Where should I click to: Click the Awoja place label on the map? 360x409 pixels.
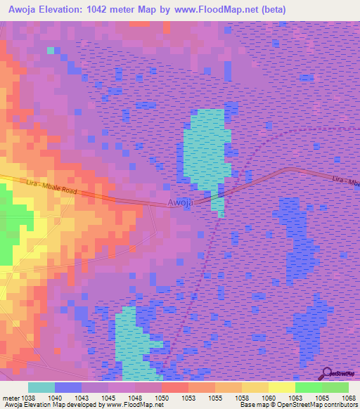click(180, 202)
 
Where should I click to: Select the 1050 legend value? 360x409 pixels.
click(161, 398)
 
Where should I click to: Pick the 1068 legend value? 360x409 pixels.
click(349, 398)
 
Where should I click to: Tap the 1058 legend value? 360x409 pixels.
click(242, 398)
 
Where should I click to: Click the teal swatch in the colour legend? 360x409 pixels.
click(41, 387)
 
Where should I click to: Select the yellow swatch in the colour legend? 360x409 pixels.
click(281, 387)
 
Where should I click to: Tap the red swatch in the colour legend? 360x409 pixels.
click(174, 387)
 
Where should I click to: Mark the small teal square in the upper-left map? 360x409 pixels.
click(51, 51)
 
